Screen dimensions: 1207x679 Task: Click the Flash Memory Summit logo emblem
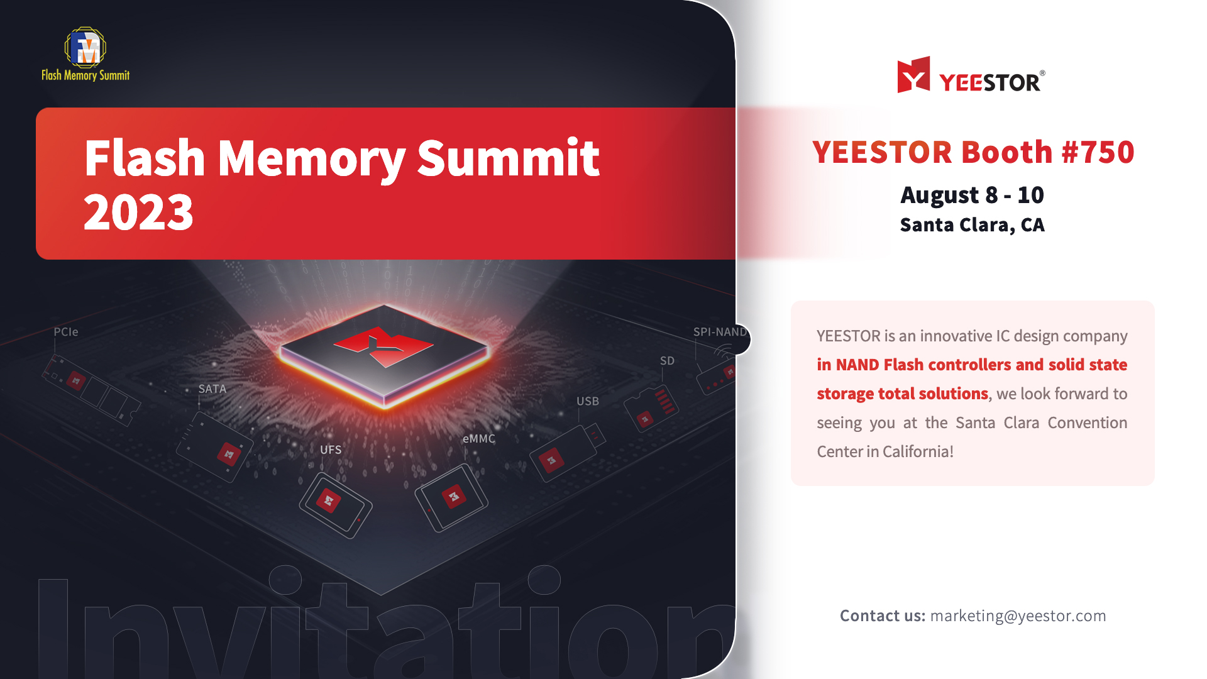coord(85,47)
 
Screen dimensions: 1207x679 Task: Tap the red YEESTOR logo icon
coord(913,75)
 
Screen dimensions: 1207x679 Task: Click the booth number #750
coord(1098,152)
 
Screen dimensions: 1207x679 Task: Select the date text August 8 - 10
coord(972,196)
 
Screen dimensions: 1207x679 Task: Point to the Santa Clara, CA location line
coord(972,225)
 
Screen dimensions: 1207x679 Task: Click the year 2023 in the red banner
coord(138,213)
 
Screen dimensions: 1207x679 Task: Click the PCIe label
coord(66,332)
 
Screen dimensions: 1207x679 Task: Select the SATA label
coord(212,389)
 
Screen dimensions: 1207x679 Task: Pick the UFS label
coord(331,450)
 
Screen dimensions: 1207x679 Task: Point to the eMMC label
coord(479,439)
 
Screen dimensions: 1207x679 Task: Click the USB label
coord(588,401)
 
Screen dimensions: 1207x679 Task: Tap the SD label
coord(667,361)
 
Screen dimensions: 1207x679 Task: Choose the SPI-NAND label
coord(720,332)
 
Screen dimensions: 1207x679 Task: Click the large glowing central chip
coord(384,356)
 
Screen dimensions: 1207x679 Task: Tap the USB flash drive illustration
coord(567,453)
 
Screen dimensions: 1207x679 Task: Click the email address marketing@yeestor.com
coord(1018,616)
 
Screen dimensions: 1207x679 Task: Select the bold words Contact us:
coord(883,616)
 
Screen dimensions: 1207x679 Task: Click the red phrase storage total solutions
coord(902,394)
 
